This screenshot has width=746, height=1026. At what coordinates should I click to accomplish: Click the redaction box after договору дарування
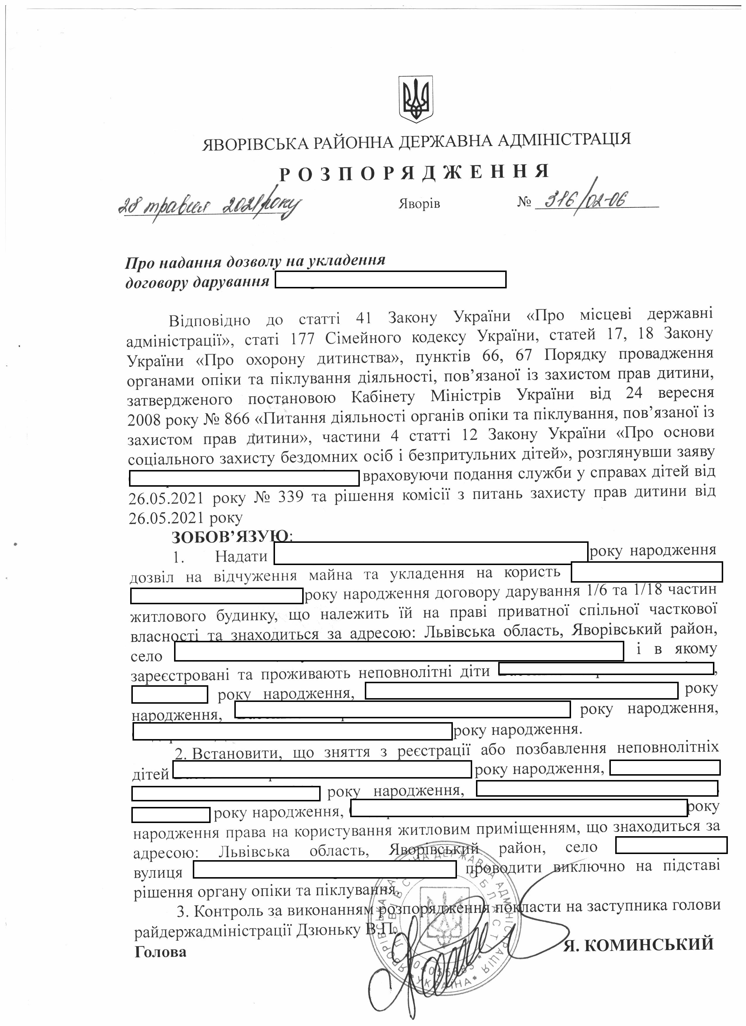pyautogui.click(x=391, y=280)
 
